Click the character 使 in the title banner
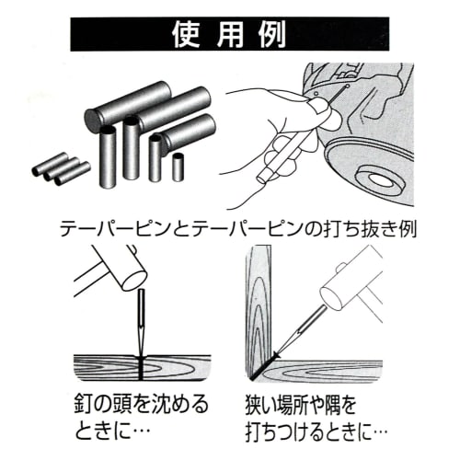click(x=187, y=34)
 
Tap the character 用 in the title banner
click(x=230, y=34)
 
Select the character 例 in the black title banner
click(x=273, y=34)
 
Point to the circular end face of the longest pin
click(x=91, y=120)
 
